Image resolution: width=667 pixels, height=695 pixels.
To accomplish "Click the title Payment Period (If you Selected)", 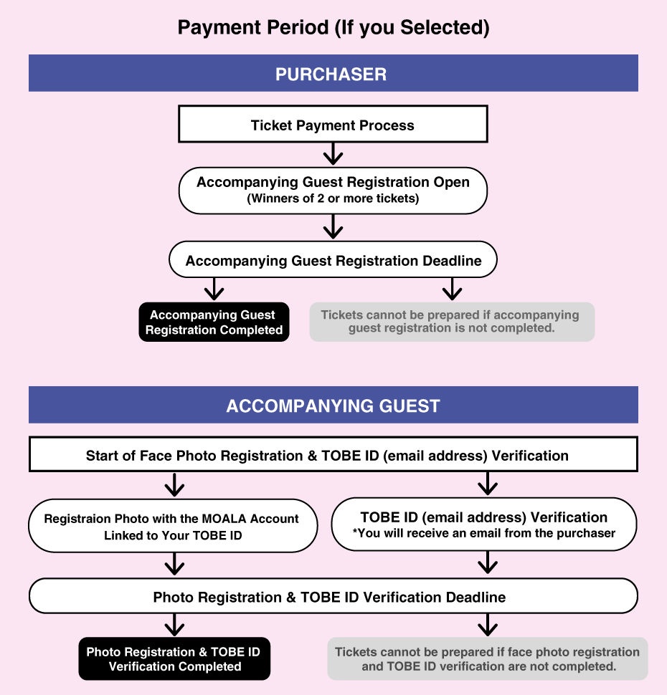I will pos(333,28).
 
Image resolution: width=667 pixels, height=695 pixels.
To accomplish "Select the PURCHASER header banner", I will pos(333,74).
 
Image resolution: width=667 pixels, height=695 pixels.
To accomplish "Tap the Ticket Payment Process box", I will pos(333,125).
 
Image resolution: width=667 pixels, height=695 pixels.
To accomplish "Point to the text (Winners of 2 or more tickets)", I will pos(333,198).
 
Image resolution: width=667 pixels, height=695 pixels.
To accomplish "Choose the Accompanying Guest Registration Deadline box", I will pos(333,260).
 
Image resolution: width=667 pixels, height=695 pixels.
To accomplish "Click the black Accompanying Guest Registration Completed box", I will pos(214,322).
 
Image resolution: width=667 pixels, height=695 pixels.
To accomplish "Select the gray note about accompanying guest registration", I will pos(451,322).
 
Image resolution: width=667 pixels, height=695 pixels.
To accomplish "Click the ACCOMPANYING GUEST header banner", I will pos(333,406).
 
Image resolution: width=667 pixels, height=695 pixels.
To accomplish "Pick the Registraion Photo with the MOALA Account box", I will pos(172,526).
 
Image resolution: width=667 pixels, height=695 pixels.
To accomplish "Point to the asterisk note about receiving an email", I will pos(484,533).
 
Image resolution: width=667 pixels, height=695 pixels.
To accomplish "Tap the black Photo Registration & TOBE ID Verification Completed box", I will pos(174,659).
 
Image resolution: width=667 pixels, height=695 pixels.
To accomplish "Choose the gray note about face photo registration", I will pos(487,659).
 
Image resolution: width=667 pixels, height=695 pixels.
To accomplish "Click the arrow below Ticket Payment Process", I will pos(332,153).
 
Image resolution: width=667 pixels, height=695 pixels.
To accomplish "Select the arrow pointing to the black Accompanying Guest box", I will pos(214,289).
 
